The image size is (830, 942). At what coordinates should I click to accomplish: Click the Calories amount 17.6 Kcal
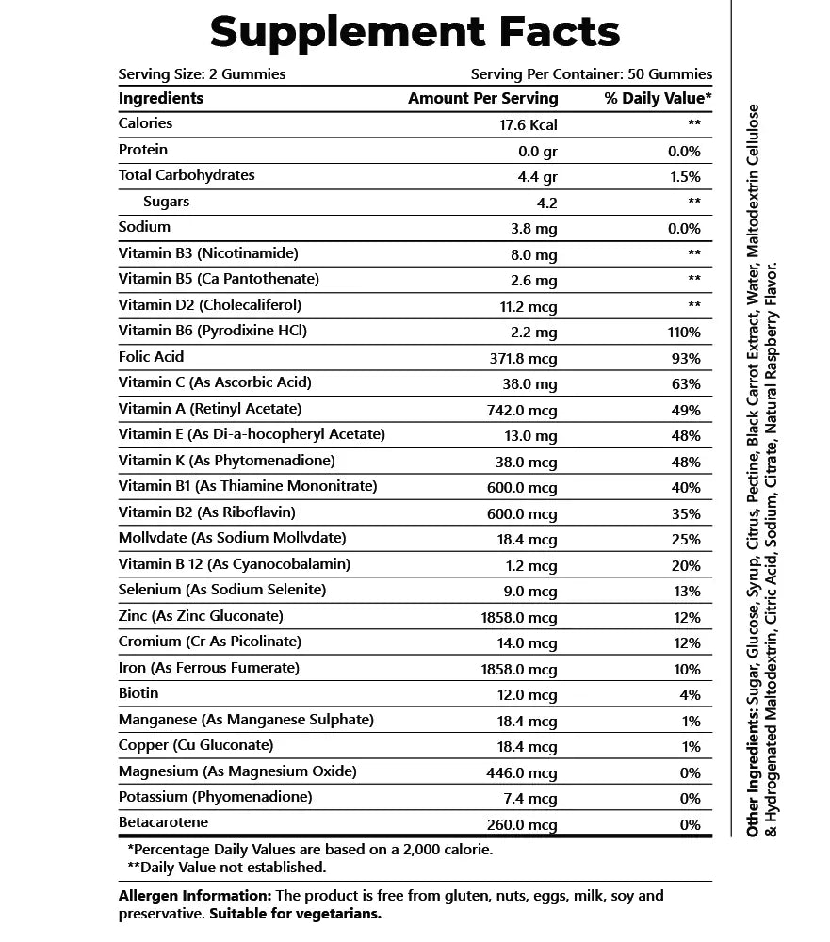click(524, 124)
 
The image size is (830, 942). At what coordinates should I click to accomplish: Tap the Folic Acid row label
click(152, 357)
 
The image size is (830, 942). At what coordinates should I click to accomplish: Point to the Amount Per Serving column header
click(482, 98)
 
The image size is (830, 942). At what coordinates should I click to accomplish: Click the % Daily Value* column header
click(658, 98)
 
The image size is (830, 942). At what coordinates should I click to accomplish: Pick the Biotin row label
click(138, 693)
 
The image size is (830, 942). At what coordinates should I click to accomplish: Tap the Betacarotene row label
click(163, 822)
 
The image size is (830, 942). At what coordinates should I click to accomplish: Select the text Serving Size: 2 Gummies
click(202, 74)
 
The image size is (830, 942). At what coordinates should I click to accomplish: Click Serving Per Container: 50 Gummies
click(591, 74)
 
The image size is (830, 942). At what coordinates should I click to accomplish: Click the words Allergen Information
click(195, 896)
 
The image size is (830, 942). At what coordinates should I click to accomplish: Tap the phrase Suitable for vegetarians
click(295, 914)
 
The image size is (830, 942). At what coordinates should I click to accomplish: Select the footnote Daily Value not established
click(226, 867)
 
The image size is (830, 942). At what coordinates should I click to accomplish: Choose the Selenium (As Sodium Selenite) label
click(222, 590)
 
